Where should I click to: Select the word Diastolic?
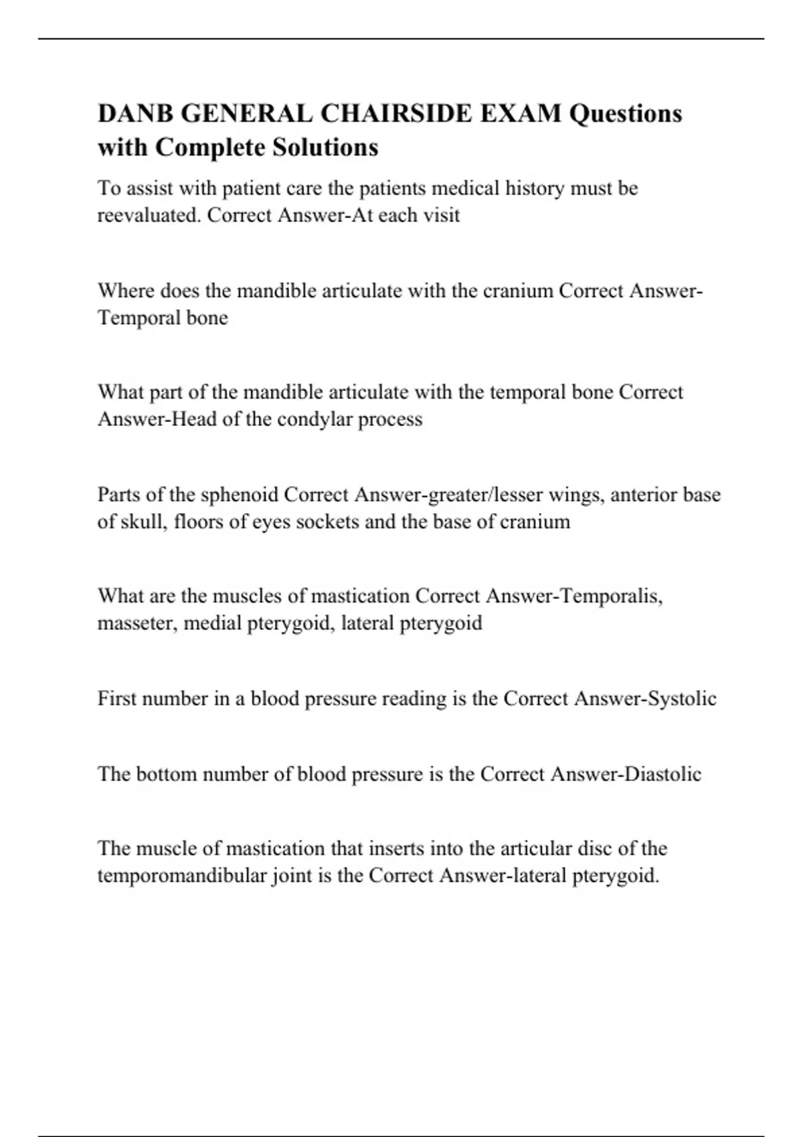click(662, 774)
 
